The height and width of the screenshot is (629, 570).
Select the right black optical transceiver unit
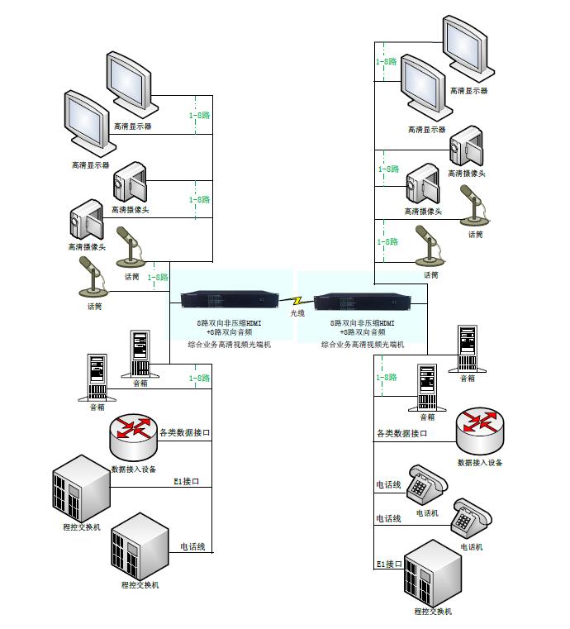362,301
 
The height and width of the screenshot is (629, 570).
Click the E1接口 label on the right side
389,564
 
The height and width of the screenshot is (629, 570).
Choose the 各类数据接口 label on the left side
185,431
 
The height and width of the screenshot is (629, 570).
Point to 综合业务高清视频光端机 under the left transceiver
230,343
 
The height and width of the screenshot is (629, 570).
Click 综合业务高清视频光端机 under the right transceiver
363,343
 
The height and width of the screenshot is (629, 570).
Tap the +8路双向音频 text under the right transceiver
363,332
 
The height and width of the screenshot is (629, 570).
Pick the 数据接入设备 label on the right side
480,463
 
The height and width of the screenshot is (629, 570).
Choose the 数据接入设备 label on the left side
134,469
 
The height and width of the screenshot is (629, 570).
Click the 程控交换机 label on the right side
434,612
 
